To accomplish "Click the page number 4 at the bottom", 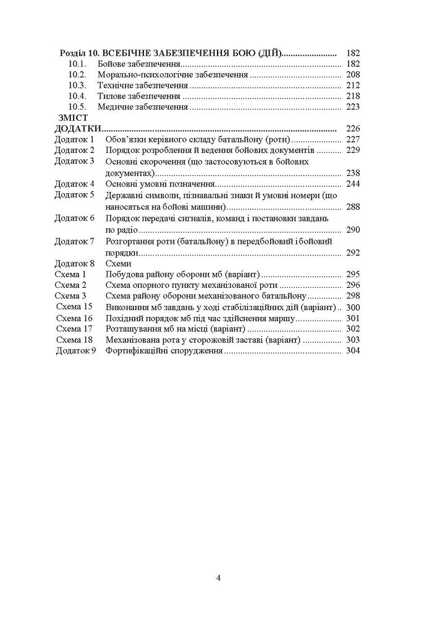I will (x=219, y=578).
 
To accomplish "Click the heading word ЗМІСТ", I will (x=73, y=118).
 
